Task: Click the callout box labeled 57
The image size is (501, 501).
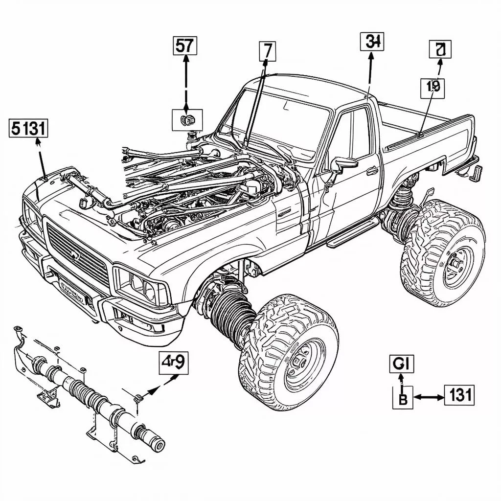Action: click(x=185, y=46)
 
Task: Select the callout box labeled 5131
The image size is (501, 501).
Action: click(x=29, y=129)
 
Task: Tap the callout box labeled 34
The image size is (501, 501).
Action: click(x=372, y=42)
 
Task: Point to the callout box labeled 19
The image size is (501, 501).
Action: click(x=433, y=87)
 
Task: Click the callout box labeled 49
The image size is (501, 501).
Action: click(x=173, y=363)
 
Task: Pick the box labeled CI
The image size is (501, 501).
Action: click(x=402, y=364)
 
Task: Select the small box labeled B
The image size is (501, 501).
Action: click(x=403, y=397)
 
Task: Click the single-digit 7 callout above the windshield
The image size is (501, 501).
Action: click(x=267, y=51)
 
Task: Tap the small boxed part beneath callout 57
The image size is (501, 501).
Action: click(x=187, y=119)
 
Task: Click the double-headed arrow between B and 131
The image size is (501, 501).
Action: click(x=429, y=397)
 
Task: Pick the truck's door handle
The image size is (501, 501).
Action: click(x=372, y=171)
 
